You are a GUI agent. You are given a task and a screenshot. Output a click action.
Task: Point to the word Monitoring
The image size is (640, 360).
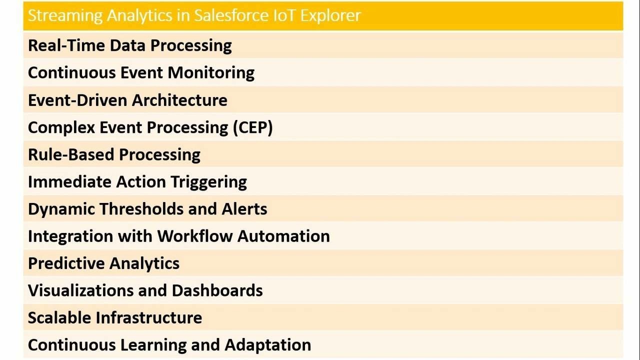coord(211,73)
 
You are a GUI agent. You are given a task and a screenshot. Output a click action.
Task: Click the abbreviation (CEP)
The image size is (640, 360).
coord(252,127)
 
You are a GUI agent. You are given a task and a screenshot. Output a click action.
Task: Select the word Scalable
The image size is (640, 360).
coord(59,318)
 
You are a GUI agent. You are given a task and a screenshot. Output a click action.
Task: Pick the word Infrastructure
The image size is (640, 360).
coord(149,318)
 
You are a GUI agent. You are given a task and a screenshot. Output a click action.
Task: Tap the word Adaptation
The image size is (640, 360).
coord(268,345)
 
